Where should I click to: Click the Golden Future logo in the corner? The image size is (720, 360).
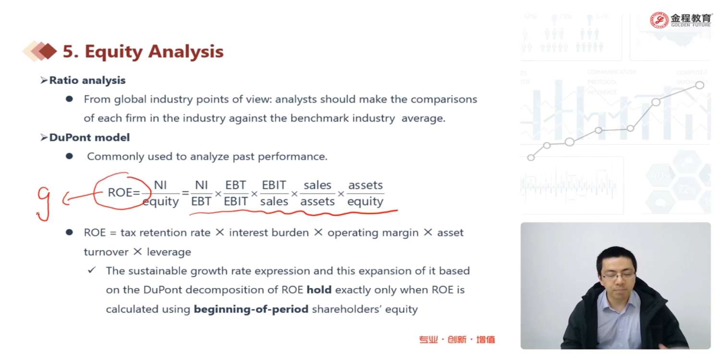pyautogui.click(x=680, y=20)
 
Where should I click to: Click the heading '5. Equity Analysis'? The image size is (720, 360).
pyautogui.click(x=143, y=51)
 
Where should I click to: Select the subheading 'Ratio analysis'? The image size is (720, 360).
pyautogui.click(x=87, y=80)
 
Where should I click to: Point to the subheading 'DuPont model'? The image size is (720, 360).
pyautogui.click(x=89, y=137)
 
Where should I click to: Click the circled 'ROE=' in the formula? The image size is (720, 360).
pyautogui.click(x=124, y=192)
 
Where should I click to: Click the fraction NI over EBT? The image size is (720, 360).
pyautogui.click(x=201, y=193)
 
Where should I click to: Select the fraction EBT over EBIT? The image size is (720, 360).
pyautogui.click(x=236, y=193)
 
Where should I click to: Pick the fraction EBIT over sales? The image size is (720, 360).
pyautogui.click(x=274, y=193)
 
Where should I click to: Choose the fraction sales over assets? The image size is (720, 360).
pyautogui.click(x=318, y=193)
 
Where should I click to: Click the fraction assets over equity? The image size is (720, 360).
pyautogui.click(x=365, y=193)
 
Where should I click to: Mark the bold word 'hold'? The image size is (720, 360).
pyautogui.click(x=319, y=289)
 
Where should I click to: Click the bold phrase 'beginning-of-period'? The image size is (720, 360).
pyautogui.click(x=251, y=309)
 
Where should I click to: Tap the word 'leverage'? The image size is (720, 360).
pyautogui.click(x=169, y=252)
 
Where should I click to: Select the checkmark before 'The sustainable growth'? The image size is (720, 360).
pyautogui.click(x=92, y=270)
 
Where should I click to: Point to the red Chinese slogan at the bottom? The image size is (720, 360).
pyautogui.click(x=457, y=339)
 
